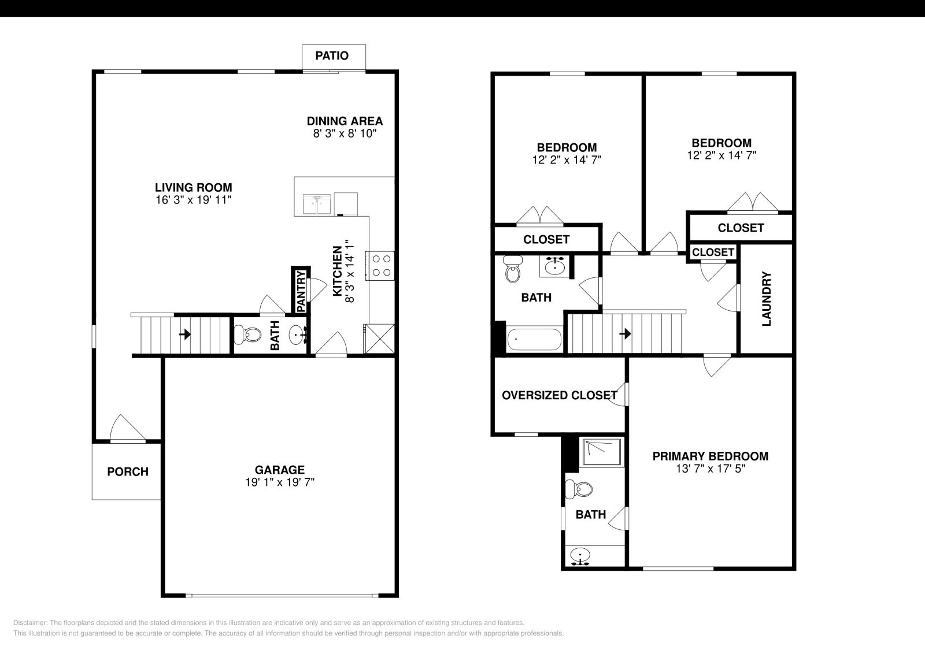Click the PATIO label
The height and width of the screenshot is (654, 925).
(x=332, y=55)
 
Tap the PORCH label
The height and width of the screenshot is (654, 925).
(x=128, y=471)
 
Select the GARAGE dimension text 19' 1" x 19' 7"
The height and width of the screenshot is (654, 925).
(x=280, y=482)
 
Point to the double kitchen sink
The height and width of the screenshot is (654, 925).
(x=317, y=204)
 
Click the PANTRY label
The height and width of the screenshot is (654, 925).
(x=301, y=291)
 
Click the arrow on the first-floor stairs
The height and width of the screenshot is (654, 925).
(x=185, y=334)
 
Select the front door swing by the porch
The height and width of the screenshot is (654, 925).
(x=127, y=429)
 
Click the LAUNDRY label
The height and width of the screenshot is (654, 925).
(x=767, y=299)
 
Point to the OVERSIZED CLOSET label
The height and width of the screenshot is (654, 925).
(x=559, y=395)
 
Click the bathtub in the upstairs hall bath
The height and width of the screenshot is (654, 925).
(x=535, y=340)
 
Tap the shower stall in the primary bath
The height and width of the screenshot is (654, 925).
(x=602, y=452)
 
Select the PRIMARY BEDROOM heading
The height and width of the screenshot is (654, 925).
(x=710, y=456)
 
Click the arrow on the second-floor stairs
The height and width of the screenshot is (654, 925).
(x=625, y=334)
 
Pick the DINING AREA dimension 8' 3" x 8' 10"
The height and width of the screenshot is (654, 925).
(x=345, y=133)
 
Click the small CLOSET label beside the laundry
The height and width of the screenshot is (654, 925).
(x=713, y=252)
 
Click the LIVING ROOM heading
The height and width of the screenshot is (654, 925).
(x=193, y=187)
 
